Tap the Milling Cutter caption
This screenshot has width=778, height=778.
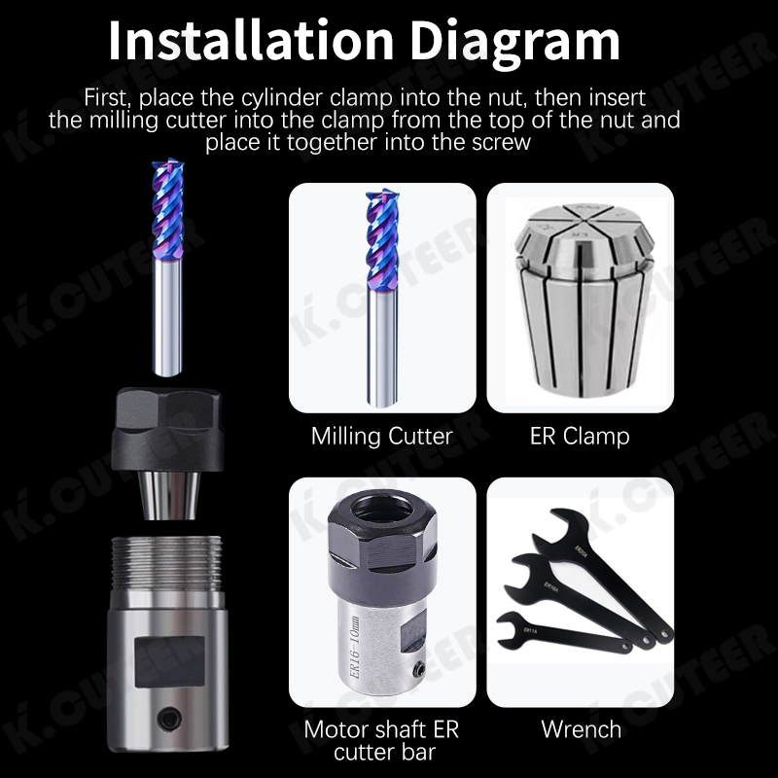point(381,436)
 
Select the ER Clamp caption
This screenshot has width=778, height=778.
point(580,436)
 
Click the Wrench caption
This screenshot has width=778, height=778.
point(581,727)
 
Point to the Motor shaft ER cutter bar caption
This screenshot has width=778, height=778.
point(381,740)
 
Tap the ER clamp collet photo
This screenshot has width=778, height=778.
point(580,297)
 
